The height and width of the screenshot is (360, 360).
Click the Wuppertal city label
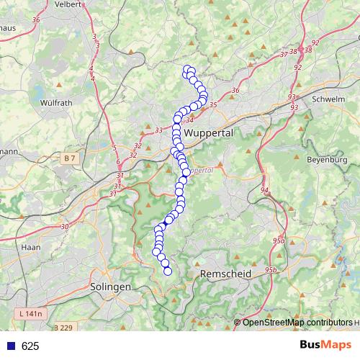point(210,134)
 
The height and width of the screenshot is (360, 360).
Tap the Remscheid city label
point(225,274)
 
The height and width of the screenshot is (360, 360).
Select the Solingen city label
point(111,286)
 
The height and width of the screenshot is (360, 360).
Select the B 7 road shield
point(69,158)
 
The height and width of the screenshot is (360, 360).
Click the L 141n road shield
point(30,314)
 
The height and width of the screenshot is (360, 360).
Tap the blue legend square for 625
point(11,346)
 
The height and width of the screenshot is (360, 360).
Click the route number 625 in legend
point(30,346)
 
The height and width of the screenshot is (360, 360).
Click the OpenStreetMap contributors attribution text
point(297,323)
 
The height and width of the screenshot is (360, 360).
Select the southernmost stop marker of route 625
point(168,271)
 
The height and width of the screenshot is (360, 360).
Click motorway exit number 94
point(265,190)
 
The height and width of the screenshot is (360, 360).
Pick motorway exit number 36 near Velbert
point(36,19)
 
